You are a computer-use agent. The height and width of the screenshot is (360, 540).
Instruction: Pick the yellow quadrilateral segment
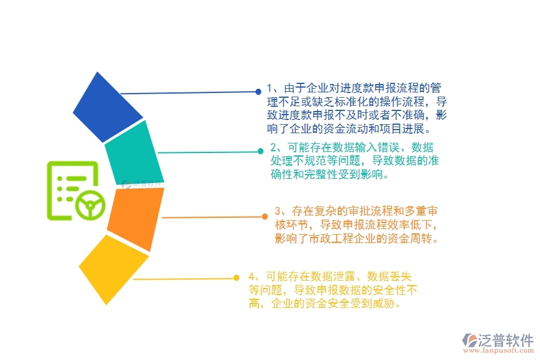(x=113, y=268)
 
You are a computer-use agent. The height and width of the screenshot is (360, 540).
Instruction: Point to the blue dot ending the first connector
(x=258, y=92)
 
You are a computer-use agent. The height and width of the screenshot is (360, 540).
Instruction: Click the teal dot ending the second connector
(x=260, y=151)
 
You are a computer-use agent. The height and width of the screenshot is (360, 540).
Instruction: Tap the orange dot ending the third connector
(x=265, y=216)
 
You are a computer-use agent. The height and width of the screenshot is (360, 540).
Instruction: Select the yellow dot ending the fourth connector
(x=238, y=278)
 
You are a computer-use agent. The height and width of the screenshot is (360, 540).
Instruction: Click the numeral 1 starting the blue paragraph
(x=270, y=88)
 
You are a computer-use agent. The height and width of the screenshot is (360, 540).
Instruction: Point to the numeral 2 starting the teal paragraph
(x=274, y=148)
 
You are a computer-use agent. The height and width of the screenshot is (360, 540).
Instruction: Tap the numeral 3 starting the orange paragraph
(x=278, y=211)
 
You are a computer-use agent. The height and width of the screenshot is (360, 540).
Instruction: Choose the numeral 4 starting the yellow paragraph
(x=251, y=277)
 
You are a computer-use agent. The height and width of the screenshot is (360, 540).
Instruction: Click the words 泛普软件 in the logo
(x=506, y=340)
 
